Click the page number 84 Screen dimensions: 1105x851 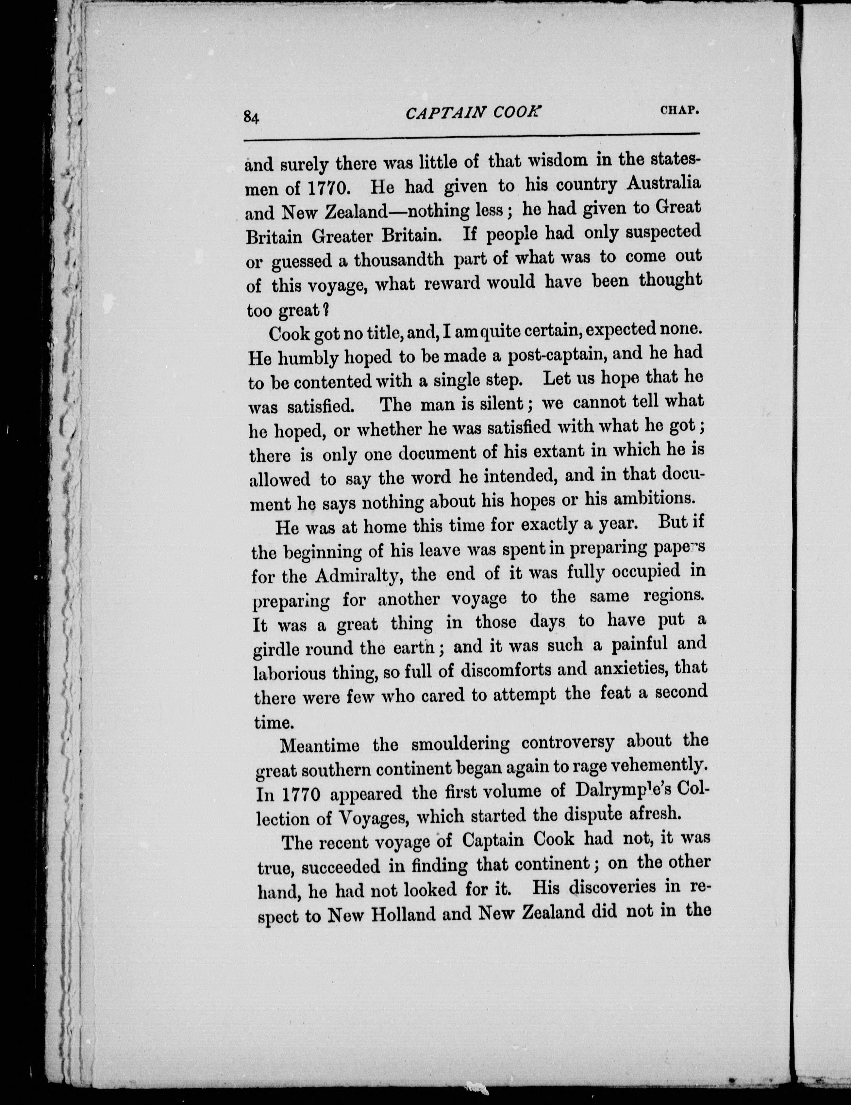click(x=251, y=117)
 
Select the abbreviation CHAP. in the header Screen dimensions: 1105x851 click(x=680, y=110)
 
